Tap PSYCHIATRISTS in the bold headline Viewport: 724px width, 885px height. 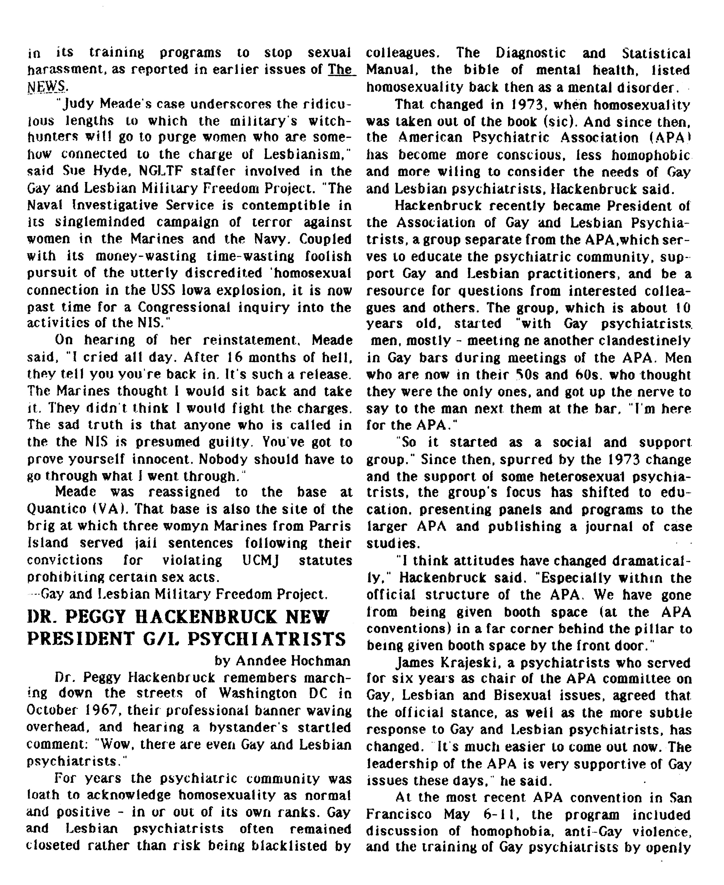[266, 639]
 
